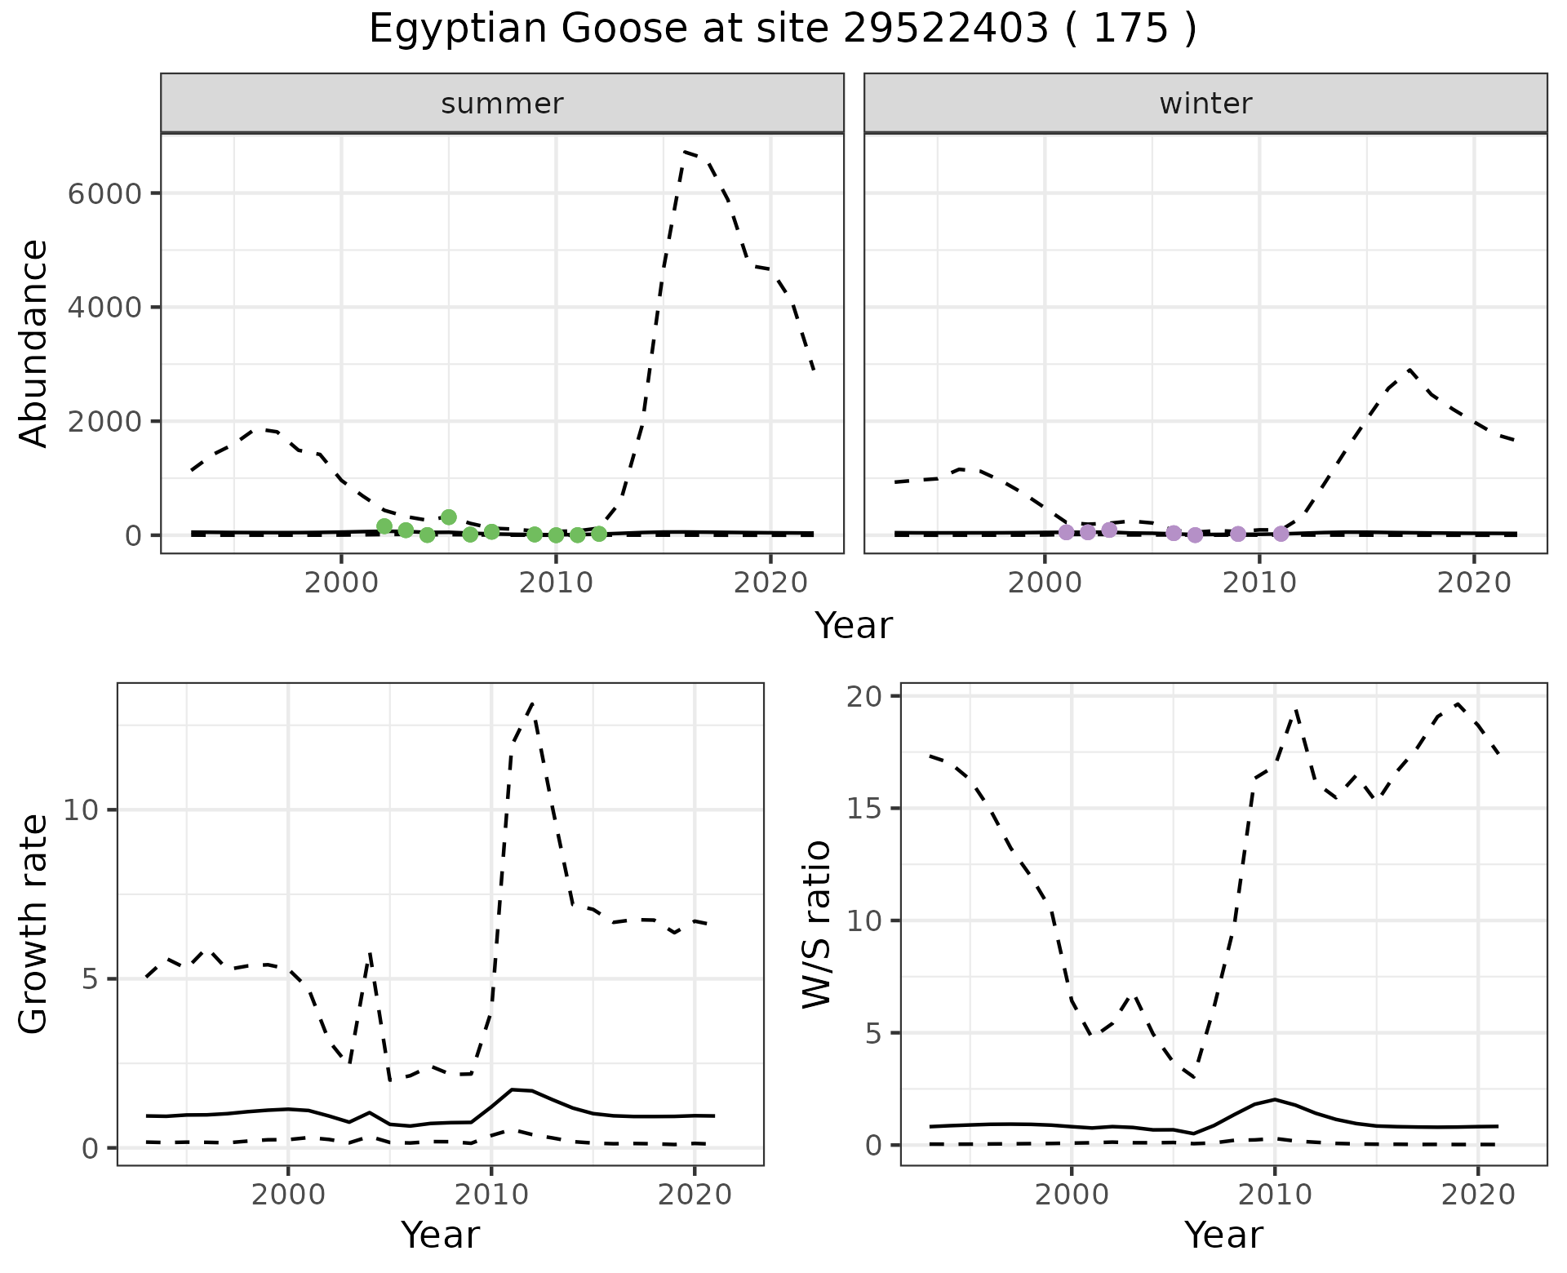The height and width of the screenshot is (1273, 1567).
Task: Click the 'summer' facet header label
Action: point(502,104)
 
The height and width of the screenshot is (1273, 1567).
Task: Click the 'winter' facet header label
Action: point(1205,104)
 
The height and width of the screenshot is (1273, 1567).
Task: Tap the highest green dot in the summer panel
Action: point(448,517)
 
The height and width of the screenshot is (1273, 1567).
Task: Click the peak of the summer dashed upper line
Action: point(685,152)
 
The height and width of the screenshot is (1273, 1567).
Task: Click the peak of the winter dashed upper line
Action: point(1409,369)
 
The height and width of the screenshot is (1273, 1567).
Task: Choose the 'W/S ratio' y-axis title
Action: point(817,924)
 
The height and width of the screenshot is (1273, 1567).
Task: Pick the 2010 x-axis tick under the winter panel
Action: point(1259,583)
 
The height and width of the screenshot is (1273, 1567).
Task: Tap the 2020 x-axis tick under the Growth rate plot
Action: point(695,1195)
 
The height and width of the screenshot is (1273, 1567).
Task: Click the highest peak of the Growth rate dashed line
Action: point(532,703)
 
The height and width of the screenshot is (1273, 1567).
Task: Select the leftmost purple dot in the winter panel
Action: point(1066,532)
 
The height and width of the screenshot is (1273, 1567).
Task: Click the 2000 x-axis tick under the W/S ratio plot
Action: point(1071,1195)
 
